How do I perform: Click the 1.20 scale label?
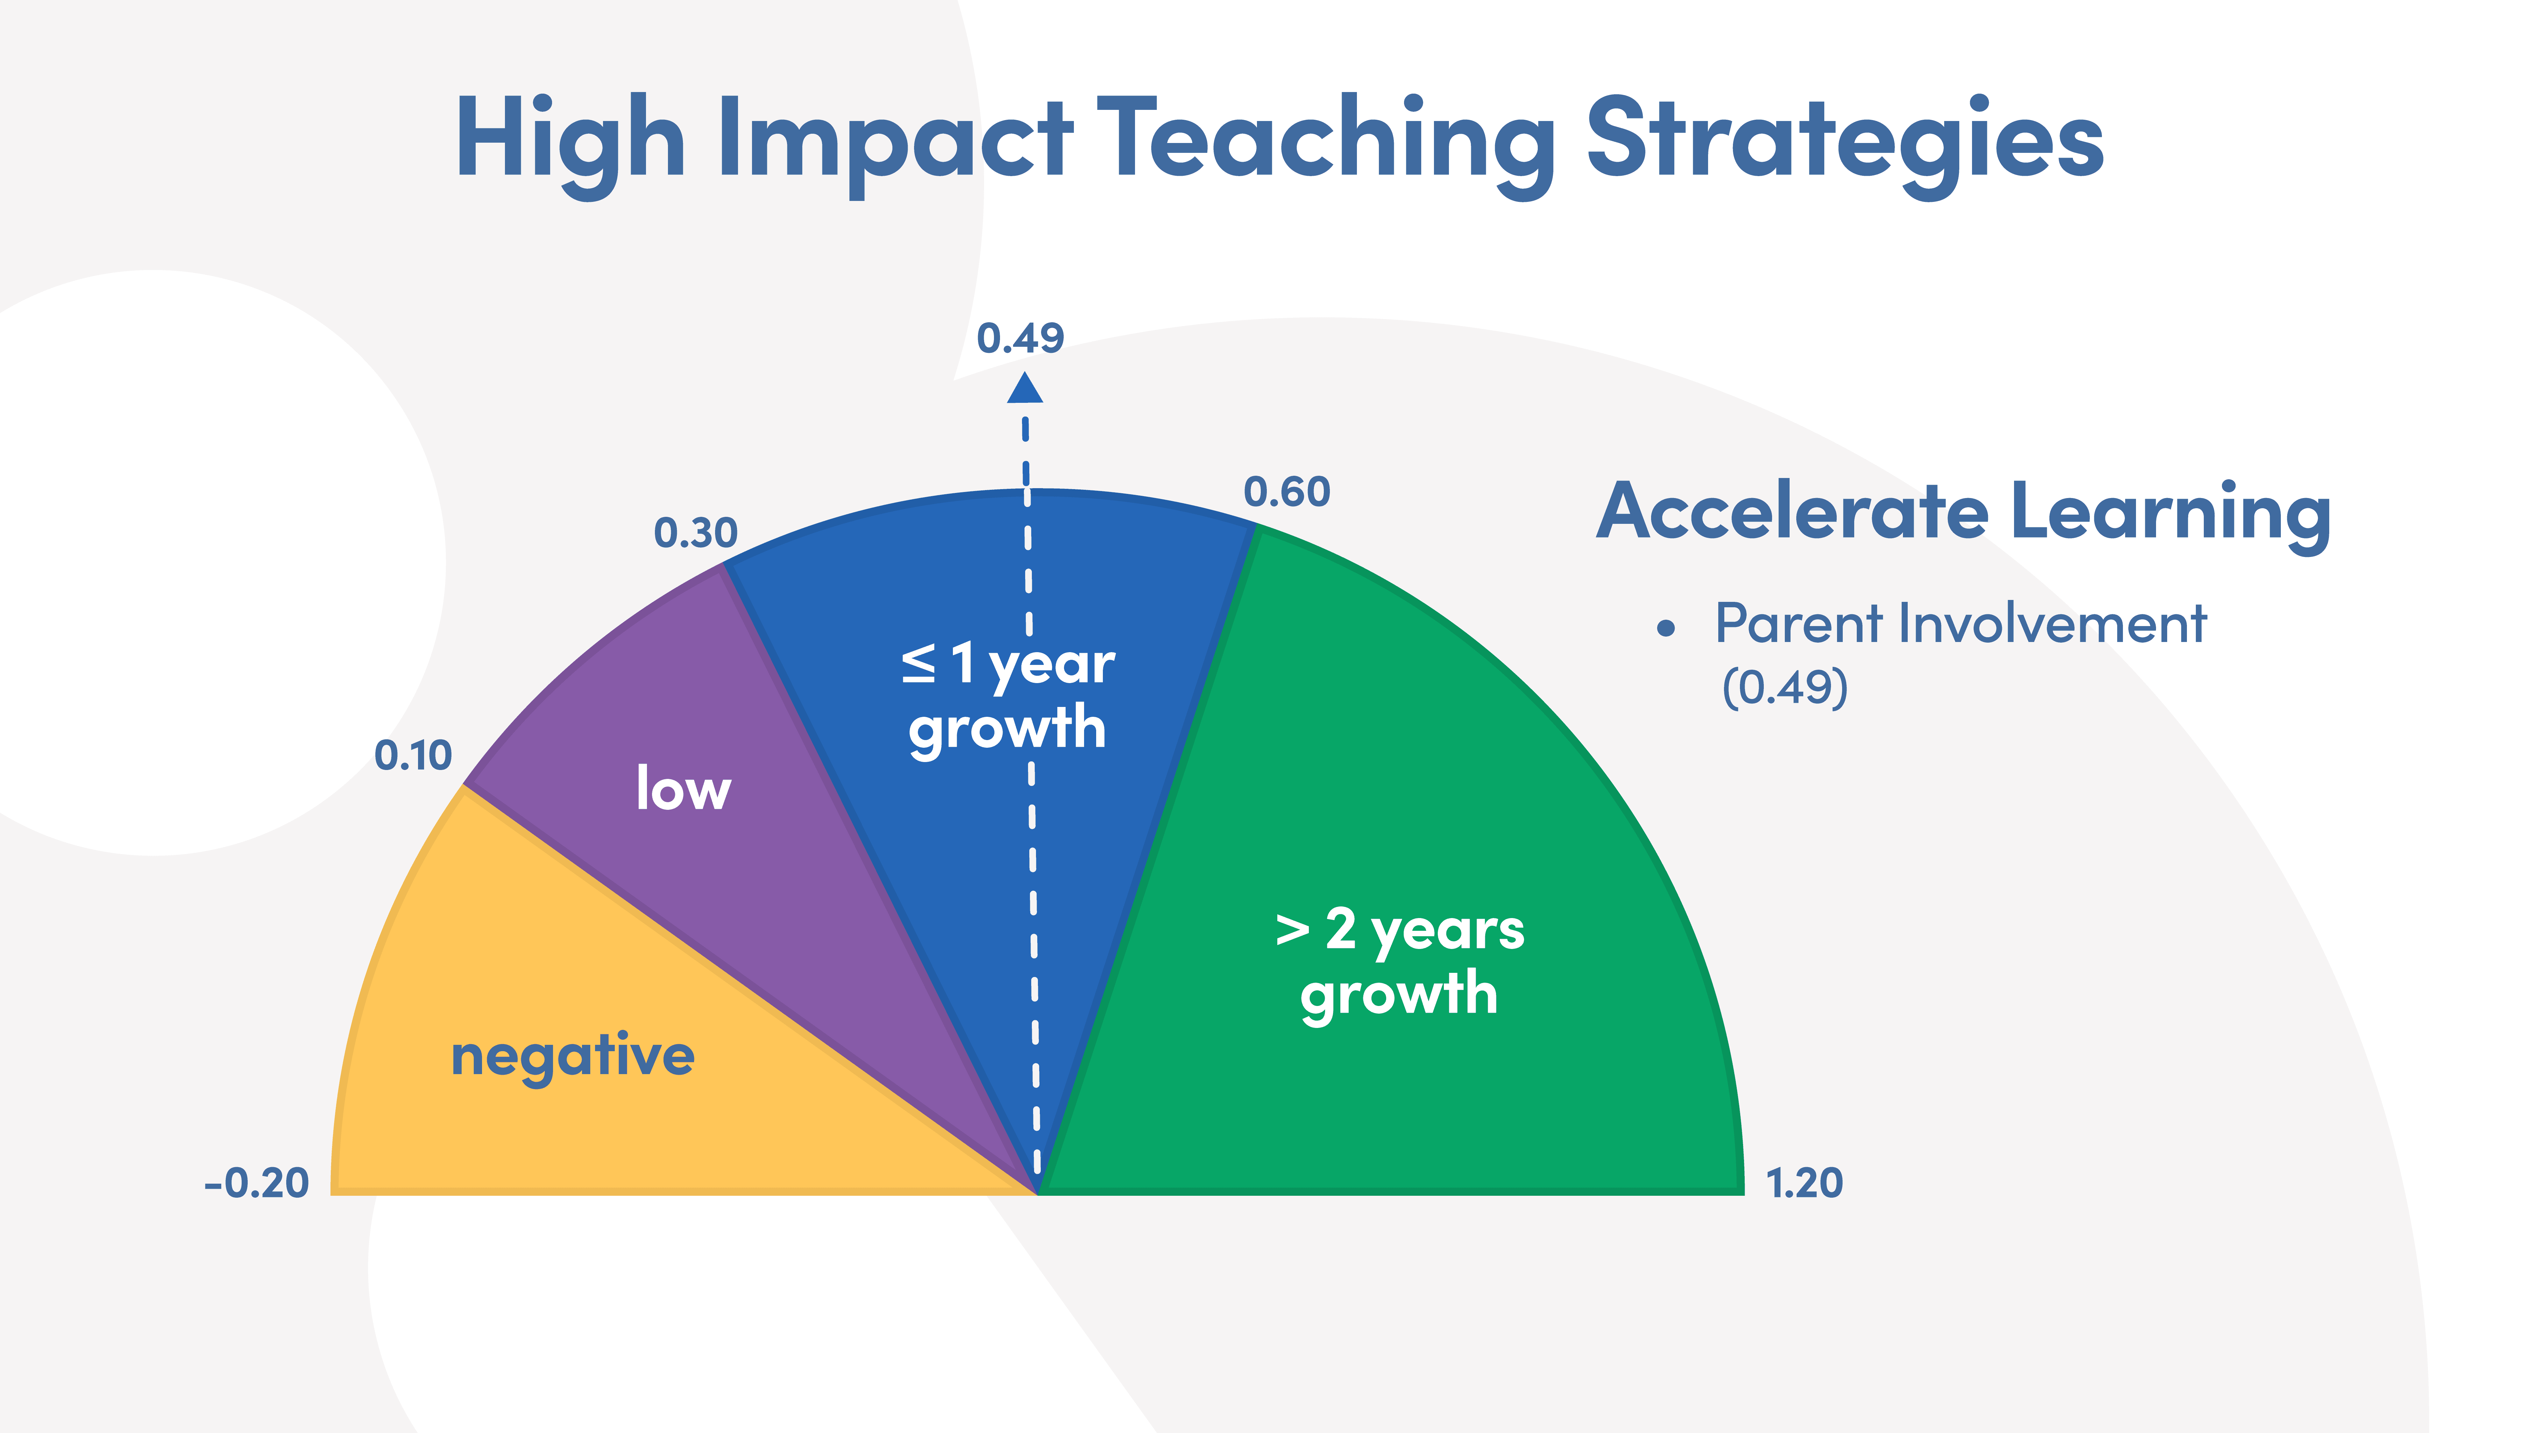coord(1805,1183)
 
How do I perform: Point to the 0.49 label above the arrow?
coord(1020,338)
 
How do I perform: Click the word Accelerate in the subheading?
coord(1791,512)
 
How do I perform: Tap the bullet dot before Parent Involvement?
coord(1666,628)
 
